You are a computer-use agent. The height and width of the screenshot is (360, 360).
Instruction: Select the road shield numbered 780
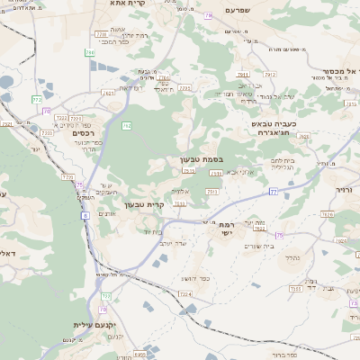[x=90, y=53]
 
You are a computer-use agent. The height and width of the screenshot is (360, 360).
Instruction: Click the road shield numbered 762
[x=127, y=126]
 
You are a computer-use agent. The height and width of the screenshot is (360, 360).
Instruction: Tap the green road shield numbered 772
[x=37, y=99]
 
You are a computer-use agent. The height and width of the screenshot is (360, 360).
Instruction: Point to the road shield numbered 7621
[x=109, y=92]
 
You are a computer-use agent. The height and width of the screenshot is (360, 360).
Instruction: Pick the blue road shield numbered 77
[x=273, y=192]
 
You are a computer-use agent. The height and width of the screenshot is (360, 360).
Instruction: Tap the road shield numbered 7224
[x=185, y=294]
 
